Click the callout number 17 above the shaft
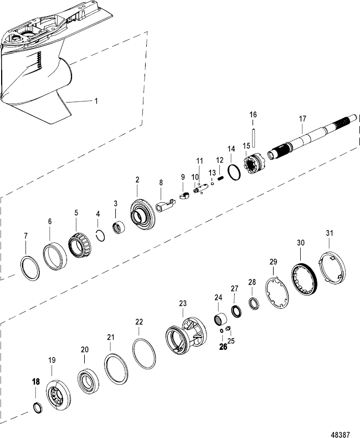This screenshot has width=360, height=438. [302, 118]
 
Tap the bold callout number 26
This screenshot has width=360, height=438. [223, 347]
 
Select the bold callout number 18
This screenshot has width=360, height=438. [36, 382]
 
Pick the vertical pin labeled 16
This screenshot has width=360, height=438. [253, 135]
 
